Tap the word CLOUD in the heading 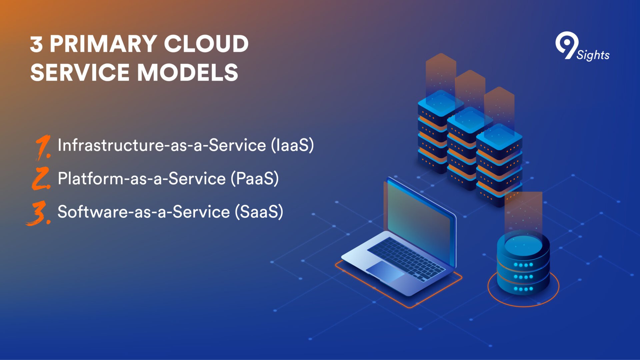206,44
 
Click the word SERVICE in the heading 80,72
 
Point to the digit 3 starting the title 36,44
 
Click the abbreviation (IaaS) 292,145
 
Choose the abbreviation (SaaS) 259,212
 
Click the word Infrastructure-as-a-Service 162,145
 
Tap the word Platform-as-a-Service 142,178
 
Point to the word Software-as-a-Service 144,212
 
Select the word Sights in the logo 593,55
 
